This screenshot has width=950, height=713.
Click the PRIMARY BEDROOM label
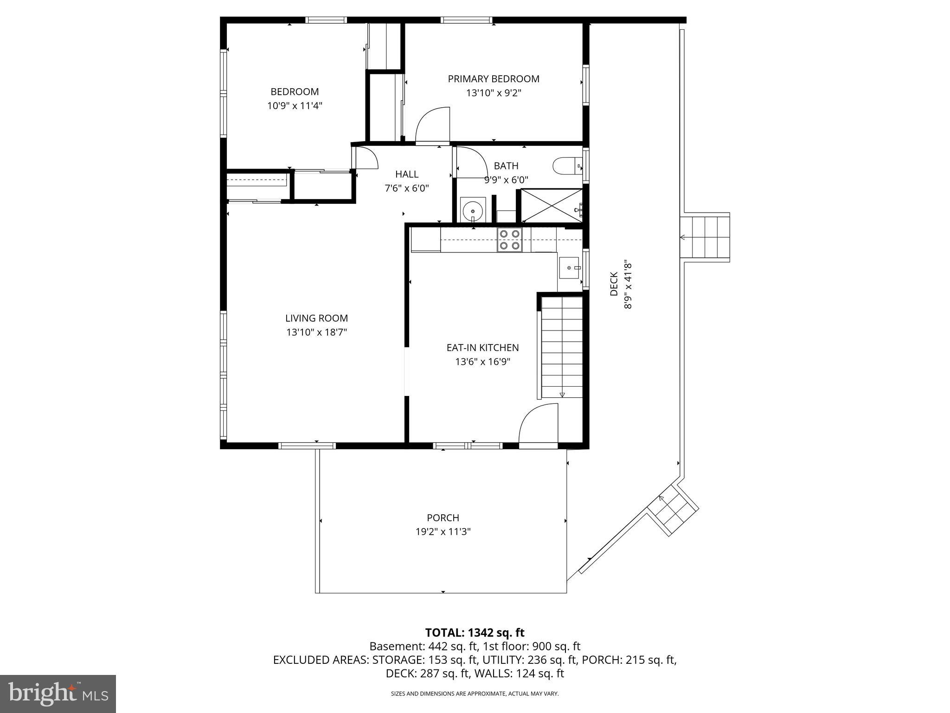pos(494,79)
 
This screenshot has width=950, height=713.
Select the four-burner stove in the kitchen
pos(509,240)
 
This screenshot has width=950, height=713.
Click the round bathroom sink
pos(473,211)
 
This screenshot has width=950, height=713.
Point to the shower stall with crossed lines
pos(551,206)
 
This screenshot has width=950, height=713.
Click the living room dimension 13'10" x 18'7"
pos(316,332)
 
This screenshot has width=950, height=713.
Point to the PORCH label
pos(443,518)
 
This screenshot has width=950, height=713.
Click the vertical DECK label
pos(614,284)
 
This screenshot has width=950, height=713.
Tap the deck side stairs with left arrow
pos(705,238)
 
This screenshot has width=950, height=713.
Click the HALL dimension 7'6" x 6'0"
pos(406,188)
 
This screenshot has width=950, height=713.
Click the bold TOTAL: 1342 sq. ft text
pos(475,633)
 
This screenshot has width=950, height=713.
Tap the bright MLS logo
pos(58,694)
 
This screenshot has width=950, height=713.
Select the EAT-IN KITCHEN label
pos(482,348)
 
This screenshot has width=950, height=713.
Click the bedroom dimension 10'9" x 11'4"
pos(295,106)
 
